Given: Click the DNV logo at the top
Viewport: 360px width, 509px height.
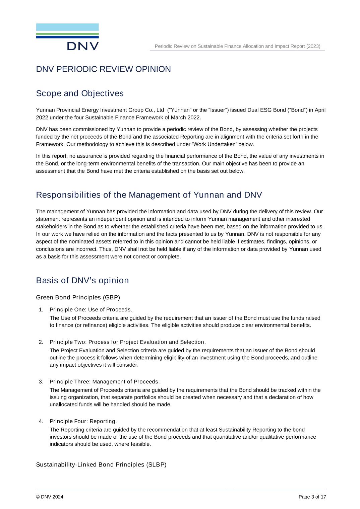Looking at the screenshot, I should (x=67, y=37).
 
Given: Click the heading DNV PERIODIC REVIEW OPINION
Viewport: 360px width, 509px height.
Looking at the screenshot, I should (x=103, y=69).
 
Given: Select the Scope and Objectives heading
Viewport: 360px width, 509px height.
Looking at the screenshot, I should (x=80, y=93).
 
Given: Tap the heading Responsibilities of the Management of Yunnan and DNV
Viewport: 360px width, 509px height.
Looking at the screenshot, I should (x=149, y=195).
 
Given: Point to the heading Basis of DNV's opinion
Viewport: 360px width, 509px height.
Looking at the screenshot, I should (x=82, y=281).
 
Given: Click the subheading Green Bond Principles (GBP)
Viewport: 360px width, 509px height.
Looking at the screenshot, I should (x=78, y=297).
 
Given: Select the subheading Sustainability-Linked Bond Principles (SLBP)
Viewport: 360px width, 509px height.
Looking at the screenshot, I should (x=101, y=465).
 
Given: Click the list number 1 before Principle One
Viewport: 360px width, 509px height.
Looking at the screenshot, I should (x=41, y=309).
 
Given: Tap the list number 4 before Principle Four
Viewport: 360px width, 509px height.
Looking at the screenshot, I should (x=41, y=421).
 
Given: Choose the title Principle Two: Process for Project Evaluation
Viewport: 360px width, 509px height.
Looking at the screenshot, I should (x=127, y=342).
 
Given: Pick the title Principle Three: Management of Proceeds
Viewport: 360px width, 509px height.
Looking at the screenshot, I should (x=105, y=382).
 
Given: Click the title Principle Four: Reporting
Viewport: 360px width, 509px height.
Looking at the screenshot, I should (x=83, y=421).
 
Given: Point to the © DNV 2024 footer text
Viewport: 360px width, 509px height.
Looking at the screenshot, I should (x=50, y=497).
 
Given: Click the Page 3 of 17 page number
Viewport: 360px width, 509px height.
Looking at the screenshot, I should (x=312, y=497).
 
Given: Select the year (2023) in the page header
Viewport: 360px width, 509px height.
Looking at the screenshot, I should (x=313, y=46).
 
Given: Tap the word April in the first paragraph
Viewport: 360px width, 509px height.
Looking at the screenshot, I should (x=320, y=110).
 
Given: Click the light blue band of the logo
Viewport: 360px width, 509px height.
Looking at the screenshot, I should (x=67, y=27).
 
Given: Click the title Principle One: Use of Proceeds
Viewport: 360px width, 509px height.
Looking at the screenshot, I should (x=91, y=309).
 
